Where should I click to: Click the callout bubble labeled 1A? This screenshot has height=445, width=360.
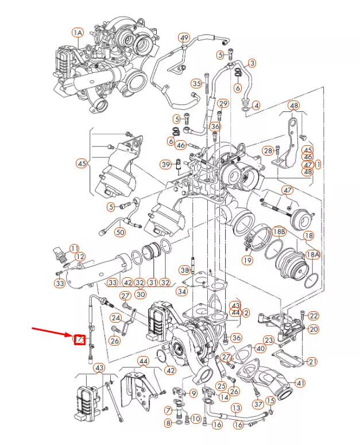[78, 33]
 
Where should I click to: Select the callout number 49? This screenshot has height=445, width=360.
[184, 38]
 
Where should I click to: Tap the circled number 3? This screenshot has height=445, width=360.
[251, 63]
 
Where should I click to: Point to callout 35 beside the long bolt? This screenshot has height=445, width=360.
[197, 84]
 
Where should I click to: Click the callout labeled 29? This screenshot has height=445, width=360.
[223, 103]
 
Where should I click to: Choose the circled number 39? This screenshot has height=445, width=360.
[167, 165]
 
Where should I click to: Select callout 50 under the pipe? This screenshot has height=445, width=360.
[119, 233]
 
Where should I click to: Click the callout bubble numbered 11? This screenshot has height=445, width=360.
[74, 248]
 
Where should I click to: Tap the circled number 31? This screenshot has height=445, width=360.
[152, 282]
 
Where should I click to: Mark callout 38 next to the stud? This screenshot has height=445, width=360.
[184, 270]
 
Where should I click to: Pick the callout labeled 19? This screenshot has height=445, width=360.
[247, 260]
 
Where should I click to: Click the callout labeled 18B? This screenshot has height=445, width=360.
[279, 231]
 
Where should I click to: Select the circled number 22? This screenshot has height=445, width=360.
[313, 316]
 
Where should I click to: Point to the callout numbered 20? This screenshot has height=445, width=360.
[313, 329]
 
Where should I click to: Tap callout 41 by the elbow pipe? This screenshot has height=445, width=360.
[300, 383]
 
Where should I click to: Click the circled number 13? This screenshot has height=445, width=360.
[236, 407]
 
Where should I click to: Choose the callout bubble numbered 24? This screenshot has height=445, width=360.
[116, 318]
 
